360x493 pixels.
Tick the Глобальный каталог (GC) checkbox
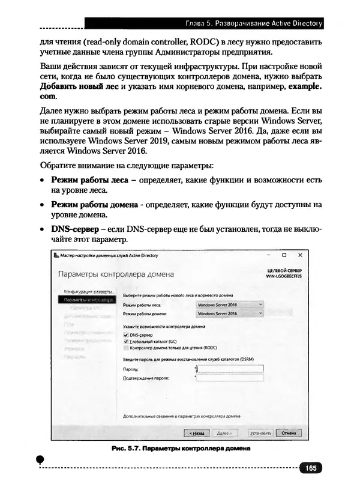[x=125, y=341]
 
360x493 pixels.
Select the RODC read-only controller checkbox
[x=125, y=347]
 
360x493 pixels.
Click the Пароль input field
[x=230, y=369]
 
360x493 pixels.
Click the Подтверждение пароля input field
[x=230, y=378]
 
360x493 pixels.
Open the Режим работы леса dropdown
[x=230, y=304]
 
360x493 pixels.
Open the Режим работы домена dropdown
[x=230, y=313]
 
